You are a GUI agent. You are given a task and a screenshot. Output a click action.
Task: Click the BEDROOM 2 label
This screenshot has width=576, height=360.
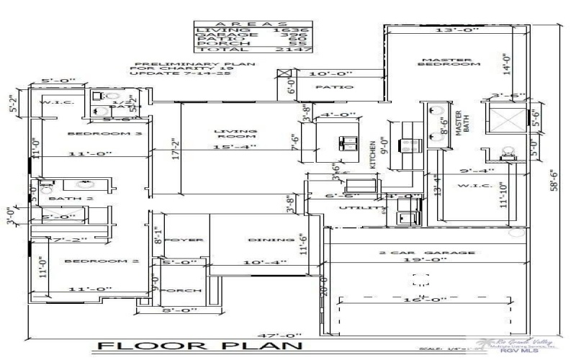91,261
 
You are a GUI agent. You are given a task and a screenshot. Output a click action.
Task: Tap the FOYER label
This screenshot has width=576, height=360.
184,239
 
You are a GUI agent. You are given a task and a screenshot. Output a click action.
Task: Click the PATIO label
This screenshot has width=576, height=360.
335,87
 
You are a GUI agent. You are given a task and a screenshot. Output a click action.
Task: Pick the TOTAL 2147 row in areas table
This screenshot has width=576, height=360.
233,50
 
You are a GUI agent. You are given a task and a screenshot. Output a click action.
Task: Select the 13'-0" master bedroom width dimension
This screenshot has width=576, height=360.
444,30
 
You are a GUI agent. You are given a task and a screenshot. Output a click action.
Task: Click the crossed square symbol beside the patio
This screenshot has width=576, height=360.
285,73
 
